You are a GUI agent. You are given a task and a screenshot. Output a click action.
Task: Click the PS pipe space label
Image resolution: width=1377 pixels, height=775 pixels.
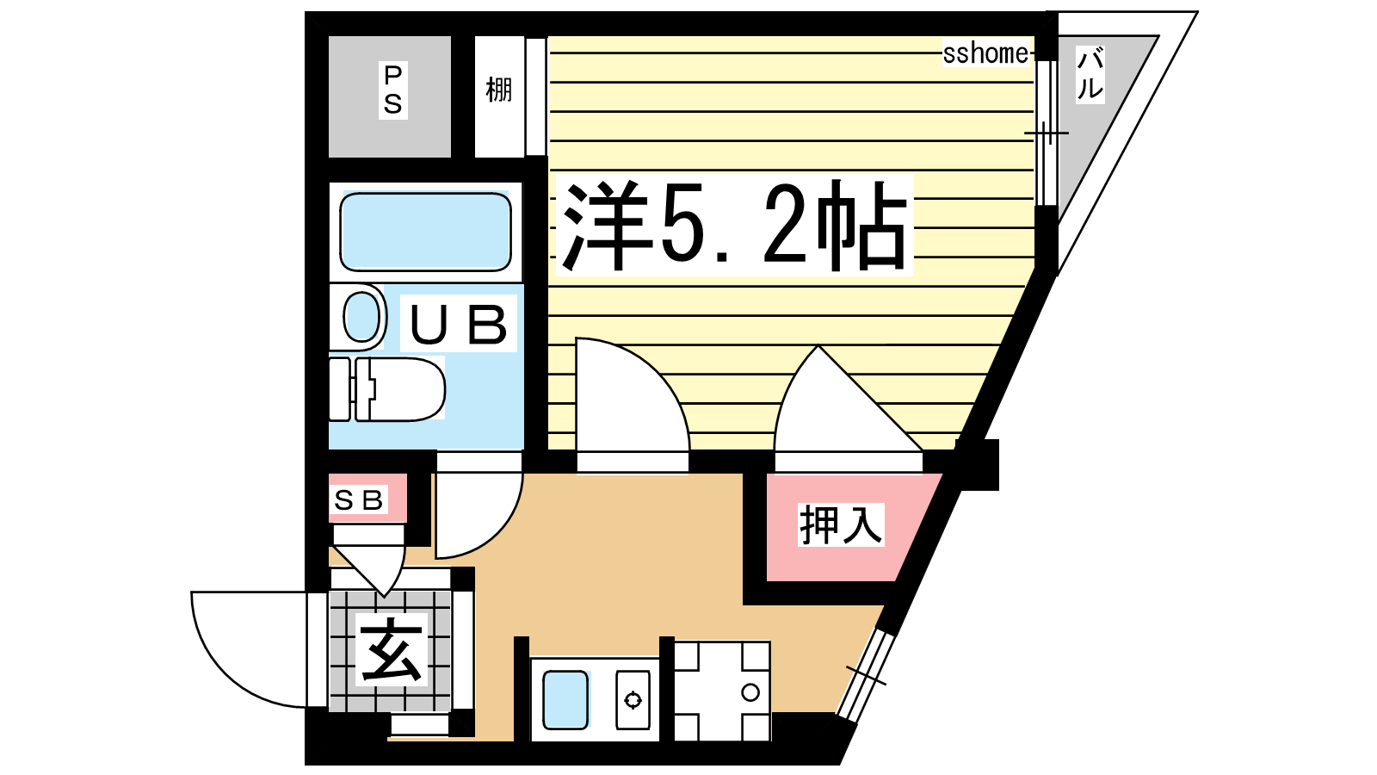point(392,91)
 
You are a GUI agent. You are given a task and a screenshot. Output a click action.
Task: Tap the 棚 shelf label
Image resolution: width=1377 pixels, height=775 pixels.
point(498,90)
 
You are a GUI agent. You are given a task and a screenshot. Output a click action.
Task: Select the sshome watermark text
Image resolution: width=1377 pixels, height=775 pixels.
point(985,53)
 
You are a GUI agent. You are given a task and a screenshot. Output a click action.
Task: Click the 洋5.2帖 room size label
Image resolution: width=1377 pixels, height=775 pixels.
point(734,225)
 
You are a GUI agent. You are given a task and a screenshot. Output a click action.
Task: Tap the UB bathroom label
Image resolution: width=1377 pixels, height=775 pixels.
point(459,323)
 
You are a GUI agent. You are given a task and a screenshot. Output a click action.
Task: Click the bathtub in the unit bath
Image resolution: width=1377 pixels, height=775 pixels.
point(425,232)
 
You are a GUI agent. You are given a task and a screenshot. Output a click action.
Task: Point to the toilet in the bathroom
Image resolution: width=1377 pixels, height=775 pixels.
point(387,389)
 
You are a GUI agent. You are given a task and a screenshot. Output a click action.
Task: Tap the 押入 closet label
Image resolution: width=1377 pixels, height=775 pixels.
point(841,524)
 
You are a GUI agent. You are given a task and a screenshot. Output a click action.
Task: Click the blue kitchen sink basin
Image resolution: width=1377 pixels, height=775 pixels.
point(565,699)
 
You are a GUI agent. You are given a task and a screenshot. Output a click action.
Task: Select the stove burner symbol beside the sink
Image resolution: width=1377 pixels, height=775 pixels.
point(633,700)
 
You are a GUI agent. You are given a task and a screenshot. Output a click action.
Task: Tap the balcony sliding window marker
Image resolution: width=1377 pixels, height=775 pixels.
point(1047,133)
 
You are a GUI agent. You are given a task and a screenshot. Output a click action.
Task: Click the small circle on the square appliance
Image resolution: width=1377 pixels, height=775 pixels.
point(750,692)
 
